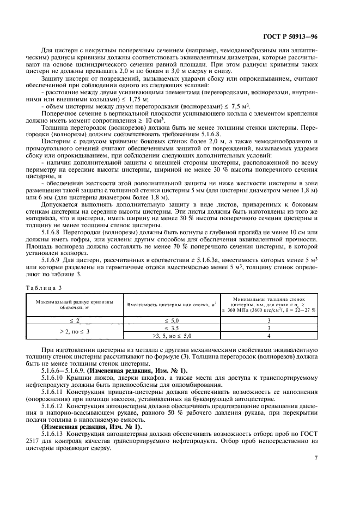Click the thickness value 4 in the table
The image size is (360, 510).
click(x=274, y=337)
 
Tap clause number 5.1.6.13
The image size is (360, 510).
click(x=68, y=433)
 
